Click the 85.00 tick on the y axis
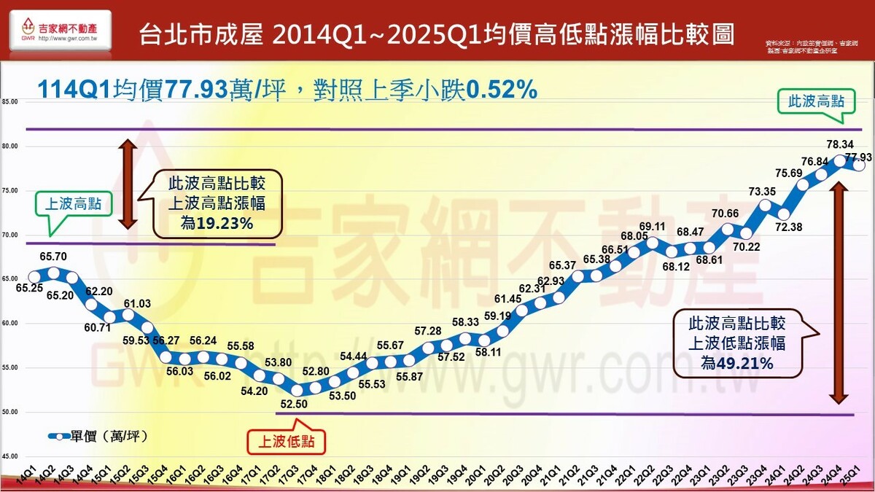pyautogui.click(x=10, y=101)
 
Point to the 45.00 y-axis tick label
pyautogui.click(x=10, y=456)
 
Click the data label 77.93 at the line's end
pyautogui.click(x=859, y=157)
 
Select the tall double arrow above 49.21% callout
pyautogui.click(x=839, y=292)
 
